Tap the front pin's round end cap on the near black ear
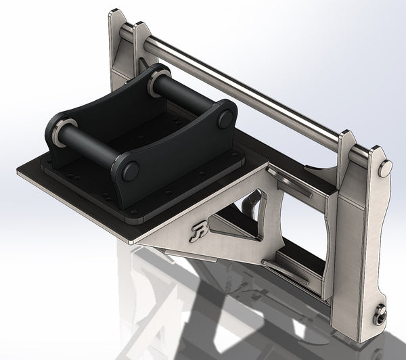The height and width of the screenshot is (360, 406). point(129,171)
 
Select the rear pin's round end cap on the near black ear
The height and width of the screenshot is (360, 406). point(225,119)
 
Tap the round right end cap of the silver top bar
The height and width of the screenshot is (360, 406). point(385,168)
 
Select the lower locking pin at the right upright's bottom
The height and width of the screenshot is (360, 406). point(380,313)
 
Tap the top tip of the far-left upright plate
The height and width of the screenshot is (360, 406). point(116,12)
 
